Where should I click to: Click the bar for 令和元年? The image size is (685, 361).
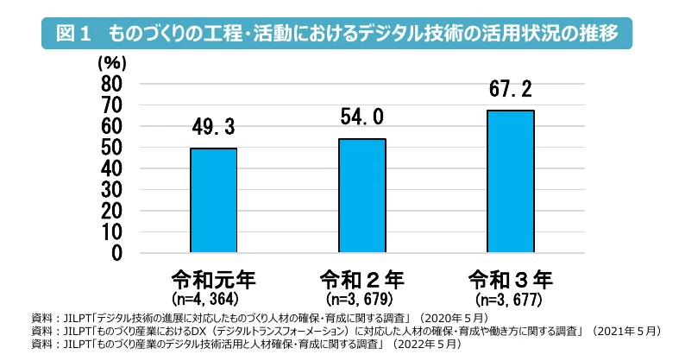[213, 200]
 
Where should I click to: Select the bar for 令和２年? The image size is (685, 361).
[361, 196]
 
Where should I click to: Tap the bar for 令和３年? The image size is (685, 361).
[510, 181]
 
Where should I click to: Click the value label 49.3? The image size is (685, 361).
[213, 129]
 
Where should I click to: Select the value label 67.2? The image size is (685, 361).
[510, 91]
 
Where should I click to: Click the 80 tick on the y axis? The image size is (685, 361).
[112, 84]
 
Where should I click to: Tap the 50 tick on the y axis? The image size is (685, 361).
[112, 148]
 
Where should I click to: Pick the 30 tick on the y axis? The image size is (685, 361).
[112, 190]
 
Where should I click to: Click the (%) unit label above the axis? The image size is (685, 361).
[113, 62]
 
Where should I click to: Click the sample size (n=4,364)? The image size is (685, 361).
[213, 300]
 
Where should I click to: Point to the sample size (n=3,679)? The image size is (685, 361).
[361, 300]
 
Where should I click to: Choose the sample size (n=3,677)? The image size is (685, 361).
[510, 300]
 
